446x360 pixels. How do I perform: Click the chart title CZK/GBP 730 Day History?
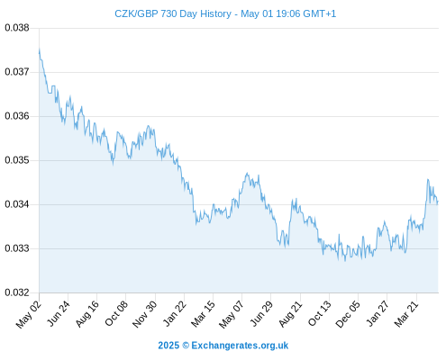pyautogui.click(x=173, y=13)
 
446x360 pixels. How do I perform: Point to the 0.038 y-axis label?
pyautogui.click(x=17, y=28)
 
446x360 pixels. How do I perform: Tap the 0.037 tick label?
pyautogui.click(x=17, y=72)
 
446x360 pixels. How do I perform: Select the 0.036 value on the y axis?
pyautogui.click(x=17, y=116)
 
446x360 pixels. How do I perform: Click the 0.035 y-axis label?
pyautogui.click(x=17, y=160)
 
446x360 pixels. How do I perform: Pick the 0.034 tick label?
pyautogui.click(x=17, y=204)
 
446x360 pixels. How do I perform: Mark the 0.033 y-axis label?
pyautogui.click(x=17, y=248)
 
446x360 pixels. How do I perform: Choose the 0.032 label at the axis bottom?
pyautogui.click(x=17, y=292)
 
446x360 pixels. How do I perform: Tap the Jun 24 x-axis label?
pyautogui.click(x=59, y=313)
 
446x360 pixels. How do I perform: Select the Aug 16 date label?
pyautogui.click(x=87, y=313)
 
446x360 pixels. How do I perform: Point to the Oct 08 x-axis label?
pyautogui.click(x=116, y=313)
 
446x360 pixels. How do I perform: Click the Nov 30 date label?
pyautogui.click(x=145, y=314)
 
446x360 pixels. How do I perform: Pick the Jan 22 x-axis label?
pyautogui.click(x=175, y=313)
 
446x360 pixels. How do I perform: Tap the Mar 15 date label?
pyautogui.click(x=203, y=314)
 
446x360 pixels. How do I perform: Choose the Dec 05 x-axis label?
pyautogui.click(x=348, y=314)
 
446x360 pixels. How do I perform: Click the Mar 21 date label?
pyautogui.click(x=406, y=314)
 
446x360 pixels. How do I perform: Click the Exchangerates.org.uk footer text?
pyautogui.click(x=240, y=346)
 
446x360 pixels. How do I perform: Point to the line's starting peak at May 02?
pyautogui.click(x=40, y=49)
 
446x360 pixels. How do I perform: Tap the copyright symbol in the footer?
pyautogui.click(x=186, y=346)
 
